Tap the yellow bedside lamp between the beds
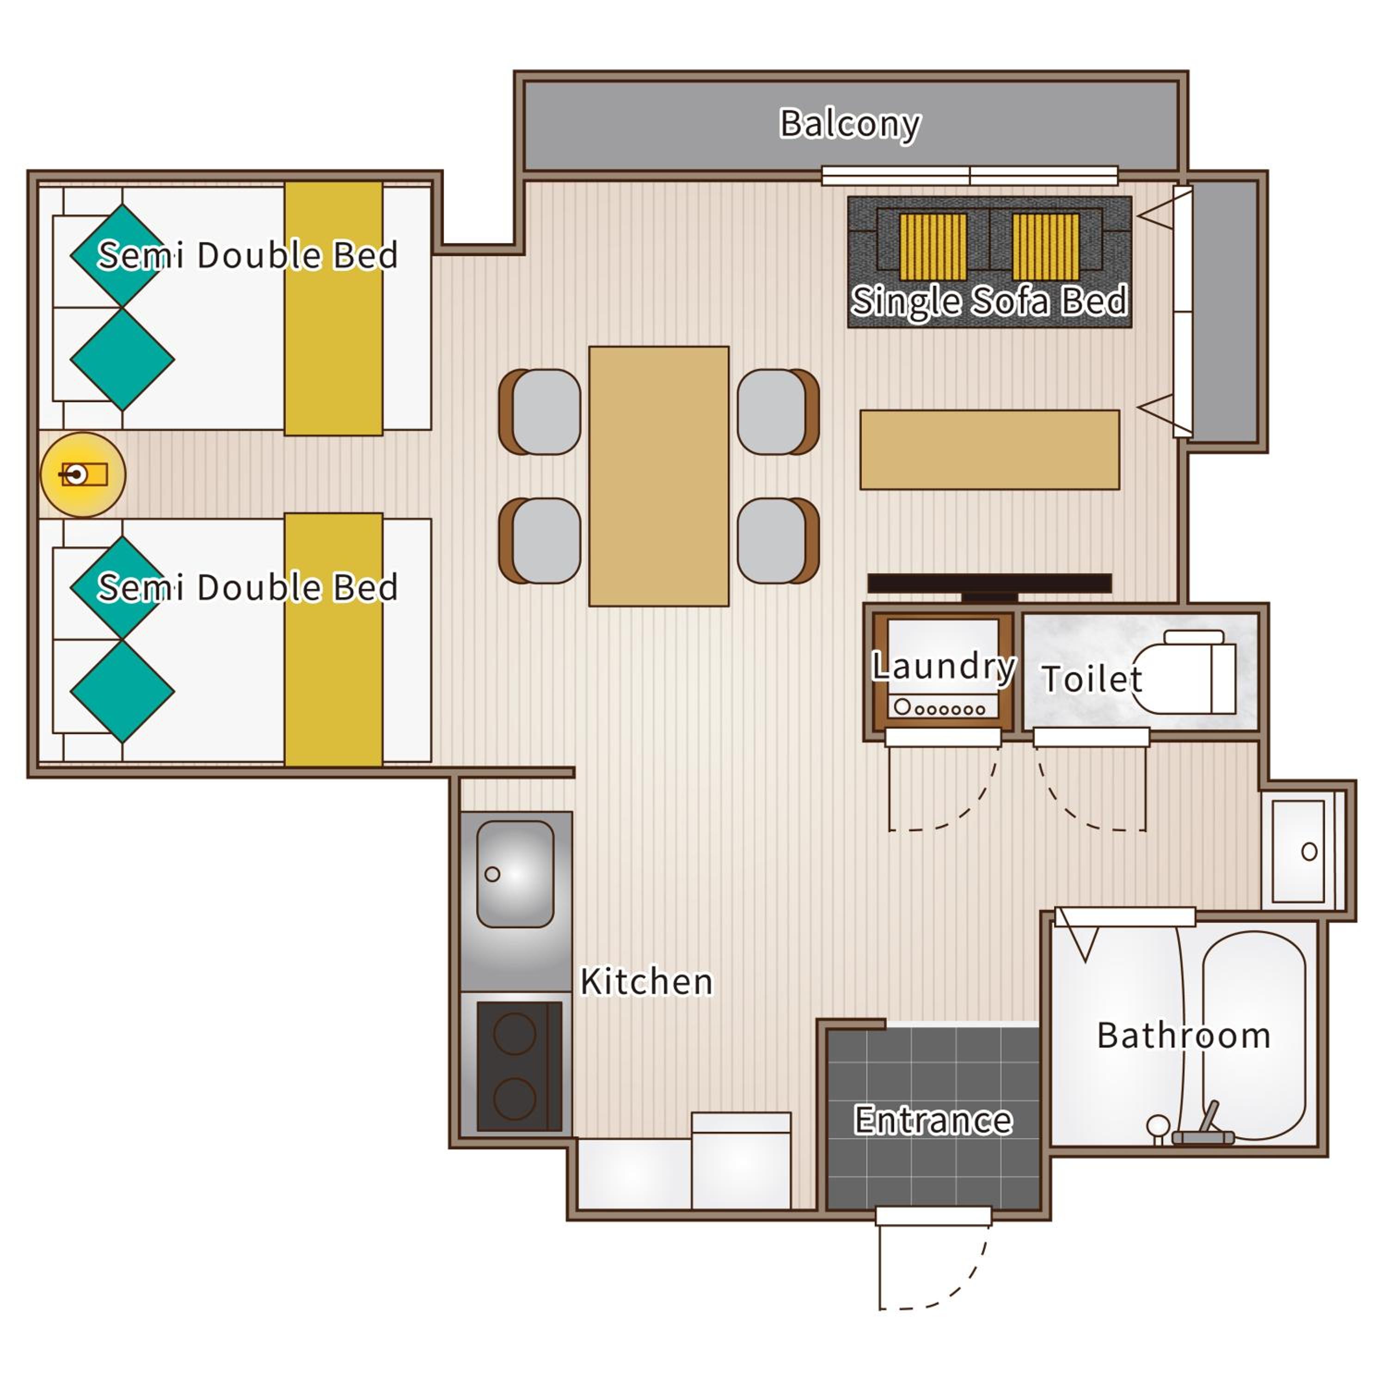(x=83, y=474)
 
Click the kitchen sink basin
(x=516, y=874)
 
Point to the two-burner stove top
(x=519, y=1066)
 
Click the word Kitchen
(x=647, y=982)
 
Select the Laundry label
(x=943, y=667)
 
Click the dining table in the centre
(x=659, y=477)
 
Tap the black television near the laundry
(x=989, y=586)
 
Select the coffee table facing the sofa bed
(x=990, y=450)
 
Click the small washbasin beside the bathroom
(x=1298, y=852)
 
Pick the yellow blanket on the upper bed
(x=334, y=309)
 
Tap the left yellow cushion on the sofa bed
(x=933, y=246)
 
